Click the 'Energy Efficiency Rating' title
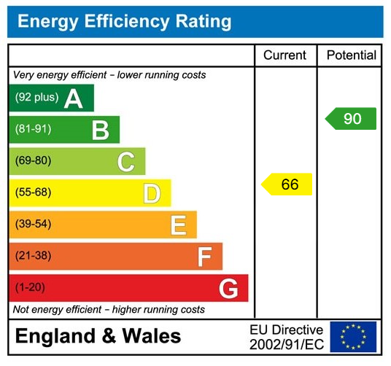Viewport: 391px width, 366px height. [124, 21]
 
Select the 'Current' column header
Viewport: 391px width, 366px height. [285, 55]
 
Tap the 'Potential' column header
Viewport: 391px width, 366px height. [351, 55]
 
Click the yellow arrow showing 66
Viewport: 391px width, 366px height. [287, 184]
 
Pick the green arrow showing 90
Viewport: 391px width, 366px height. [351, 118]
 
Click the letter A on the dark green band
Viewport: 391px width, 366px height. [73, 98]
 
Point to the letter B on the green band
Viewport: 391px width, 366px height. [100, 131]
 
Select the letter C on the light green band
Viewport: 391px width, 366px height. [125, 162]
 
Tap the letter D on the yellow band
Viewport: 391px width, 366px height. [151, 194]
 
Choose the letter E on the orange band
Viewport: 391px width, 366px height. [178, 225]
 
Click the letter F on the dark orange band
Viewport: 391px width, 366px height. [204, 257]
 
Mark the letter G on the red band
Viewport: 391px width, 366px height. [228, 289]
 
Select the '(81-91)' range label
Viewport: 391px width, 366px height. [33, 130]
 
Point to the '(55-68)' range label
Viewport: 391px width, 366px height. [33, 193]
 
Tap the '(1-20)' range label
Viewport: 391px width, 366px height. [30, 288]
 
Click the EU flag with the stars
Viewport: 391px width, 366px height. [353, 337]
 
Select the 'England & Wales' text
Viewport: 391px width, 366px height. [98, 337]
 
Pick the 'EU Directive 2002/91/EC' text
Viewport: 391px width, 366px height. [286, 337]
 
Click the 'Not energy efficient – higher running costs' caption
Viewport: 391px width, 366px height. [109, 310]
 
